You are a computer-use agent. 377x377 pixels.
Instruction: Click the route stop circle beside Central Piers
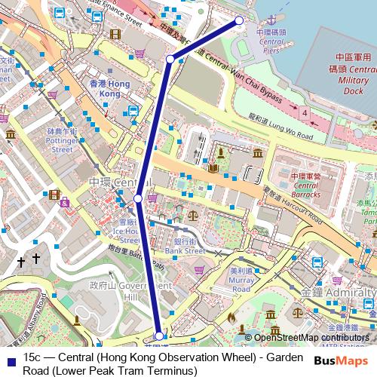pos(240,21)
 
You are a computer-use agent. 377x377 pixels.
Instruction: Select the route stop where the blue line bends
pos(170,59)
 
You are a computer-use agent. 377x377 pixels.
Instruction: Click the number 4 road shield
pos(305,112)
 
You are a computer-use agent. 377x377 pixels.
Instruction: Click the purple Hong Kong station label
pos(105,88)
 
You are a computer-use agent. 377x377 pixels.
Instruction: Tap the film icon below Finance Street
pos(114,34)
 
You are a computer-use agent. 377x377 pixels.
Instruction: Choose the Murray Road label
pos(241,279)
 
